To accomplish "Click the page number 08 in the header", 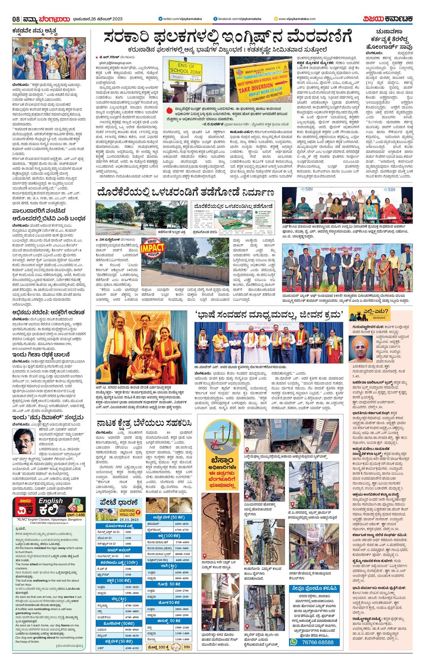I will (x=16, y=19).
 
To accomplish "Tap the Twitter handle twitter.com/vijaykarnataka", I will (x=179, y=19).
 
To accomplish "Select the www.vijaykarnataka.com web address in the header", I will (x=297, y=19).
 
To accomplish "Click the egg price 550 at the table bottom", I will (x=187, y=647).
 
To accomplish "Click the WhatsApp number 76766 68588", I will (x=317, y=642).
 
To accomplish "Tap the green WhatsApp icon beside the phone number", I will (x=294, y=642).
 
